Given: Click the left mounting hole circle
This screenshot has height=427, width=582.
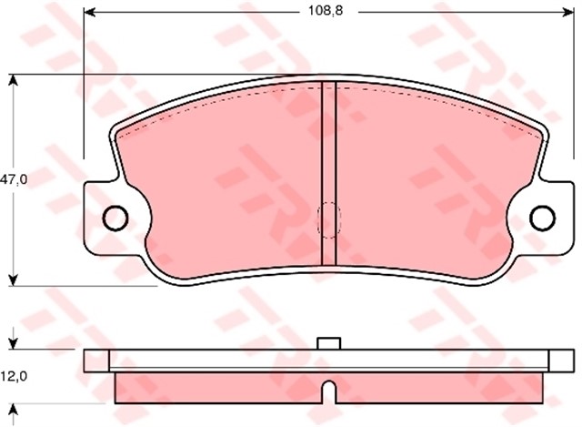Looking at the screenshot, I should pyautogui.click(x=115, y=218).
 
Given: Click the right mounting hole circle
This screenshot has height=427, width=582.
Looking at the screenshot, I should pyautogui.click(x=542, y=218).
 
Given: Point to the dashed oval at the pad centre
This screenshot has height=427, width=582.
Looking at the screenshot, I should pyautogui.click(x=327, y=219).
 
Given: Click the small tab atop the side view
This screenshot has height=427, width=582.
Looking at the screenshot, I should pyautogui.click(x=328, y=344).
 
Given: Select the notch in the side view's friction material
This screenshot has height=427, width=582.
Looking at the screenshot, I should pyautogui.click(x=328, y=392).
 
